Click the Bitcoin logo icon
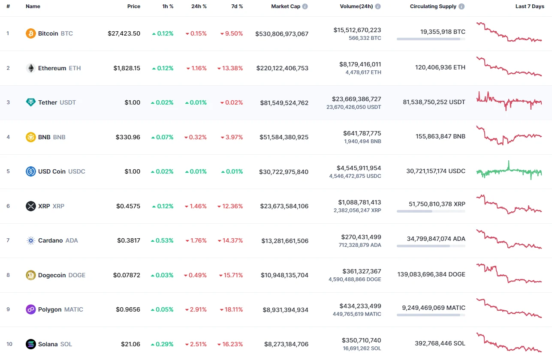pyautogui.click(x=31, y=33)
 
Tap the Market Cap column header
pyautogui.click(x=286, y=6)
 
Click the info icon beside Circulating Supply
pyautogui.click(x=462, y=6)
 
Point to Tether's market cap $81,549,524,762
pyautogui.click(x=284, y=103)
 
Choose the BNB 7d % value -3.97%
pyautogui.click(x=232, y=137)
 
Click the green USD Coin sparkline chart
pyautogui.click(x=509, y=171)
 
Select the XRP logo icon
pyautogui.click(x=31, y=206)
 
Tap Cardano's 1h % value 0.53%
pyautogui.click(x=162, y=240)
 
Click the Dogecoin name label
pyautogui.click(x=52, y=275)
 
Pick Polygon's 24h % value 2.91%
pyautogui.click(x=196, y=309)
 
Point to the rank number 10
pyautogui.click(x=9, y=344)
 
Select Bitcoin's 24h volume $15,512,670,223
pyautogui.click(x=357, y=30)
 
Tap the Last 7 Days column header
pyautogui.click(x=529, y=6)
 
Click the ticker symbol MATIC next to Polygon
pyautogui.click(x=73, y=309)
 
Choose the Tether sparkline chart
pyautogui.click(x=509, y=101)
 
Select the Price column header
pyautogui.click(x=133, y=6)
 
